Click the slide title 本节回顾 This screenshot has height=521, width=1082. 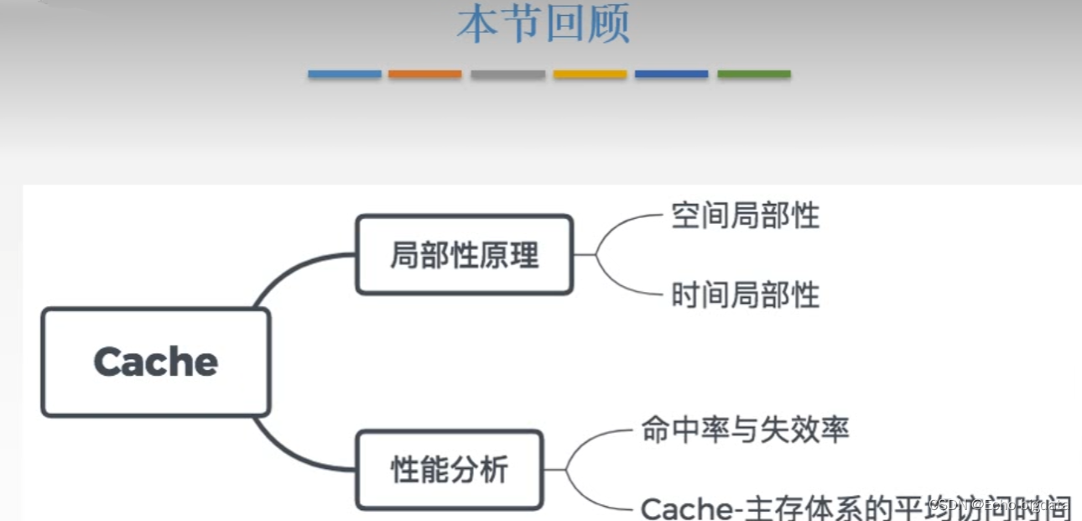click(544, 25)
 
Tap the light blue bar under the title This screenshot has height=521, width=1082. click(344, 75)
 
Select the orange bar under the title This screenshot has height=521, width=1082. click(424, 75)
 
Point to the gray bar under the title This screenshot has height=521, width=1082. click(507, 75)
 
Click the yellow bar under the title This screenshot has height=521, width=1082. click(590, 75)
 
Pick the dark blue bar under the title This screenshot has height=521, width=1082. click(671, 75)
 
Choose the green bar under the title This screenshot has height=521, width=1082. click(753, 75)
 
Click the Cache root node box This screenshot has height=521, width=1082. click(156, 362)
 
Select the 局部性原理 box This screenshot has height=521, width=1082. click(464, 255)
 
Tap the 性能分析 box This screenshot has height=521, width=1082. click(450, 470)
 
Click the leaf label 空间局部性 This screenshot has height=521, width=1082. click(745, 216)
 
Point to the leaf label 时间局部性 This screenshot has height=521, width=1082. click(745, 295)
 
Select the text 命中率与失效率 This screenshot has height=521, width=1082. click(745, 430)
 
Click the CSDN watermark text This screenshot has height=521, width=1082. click(998, 504)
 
